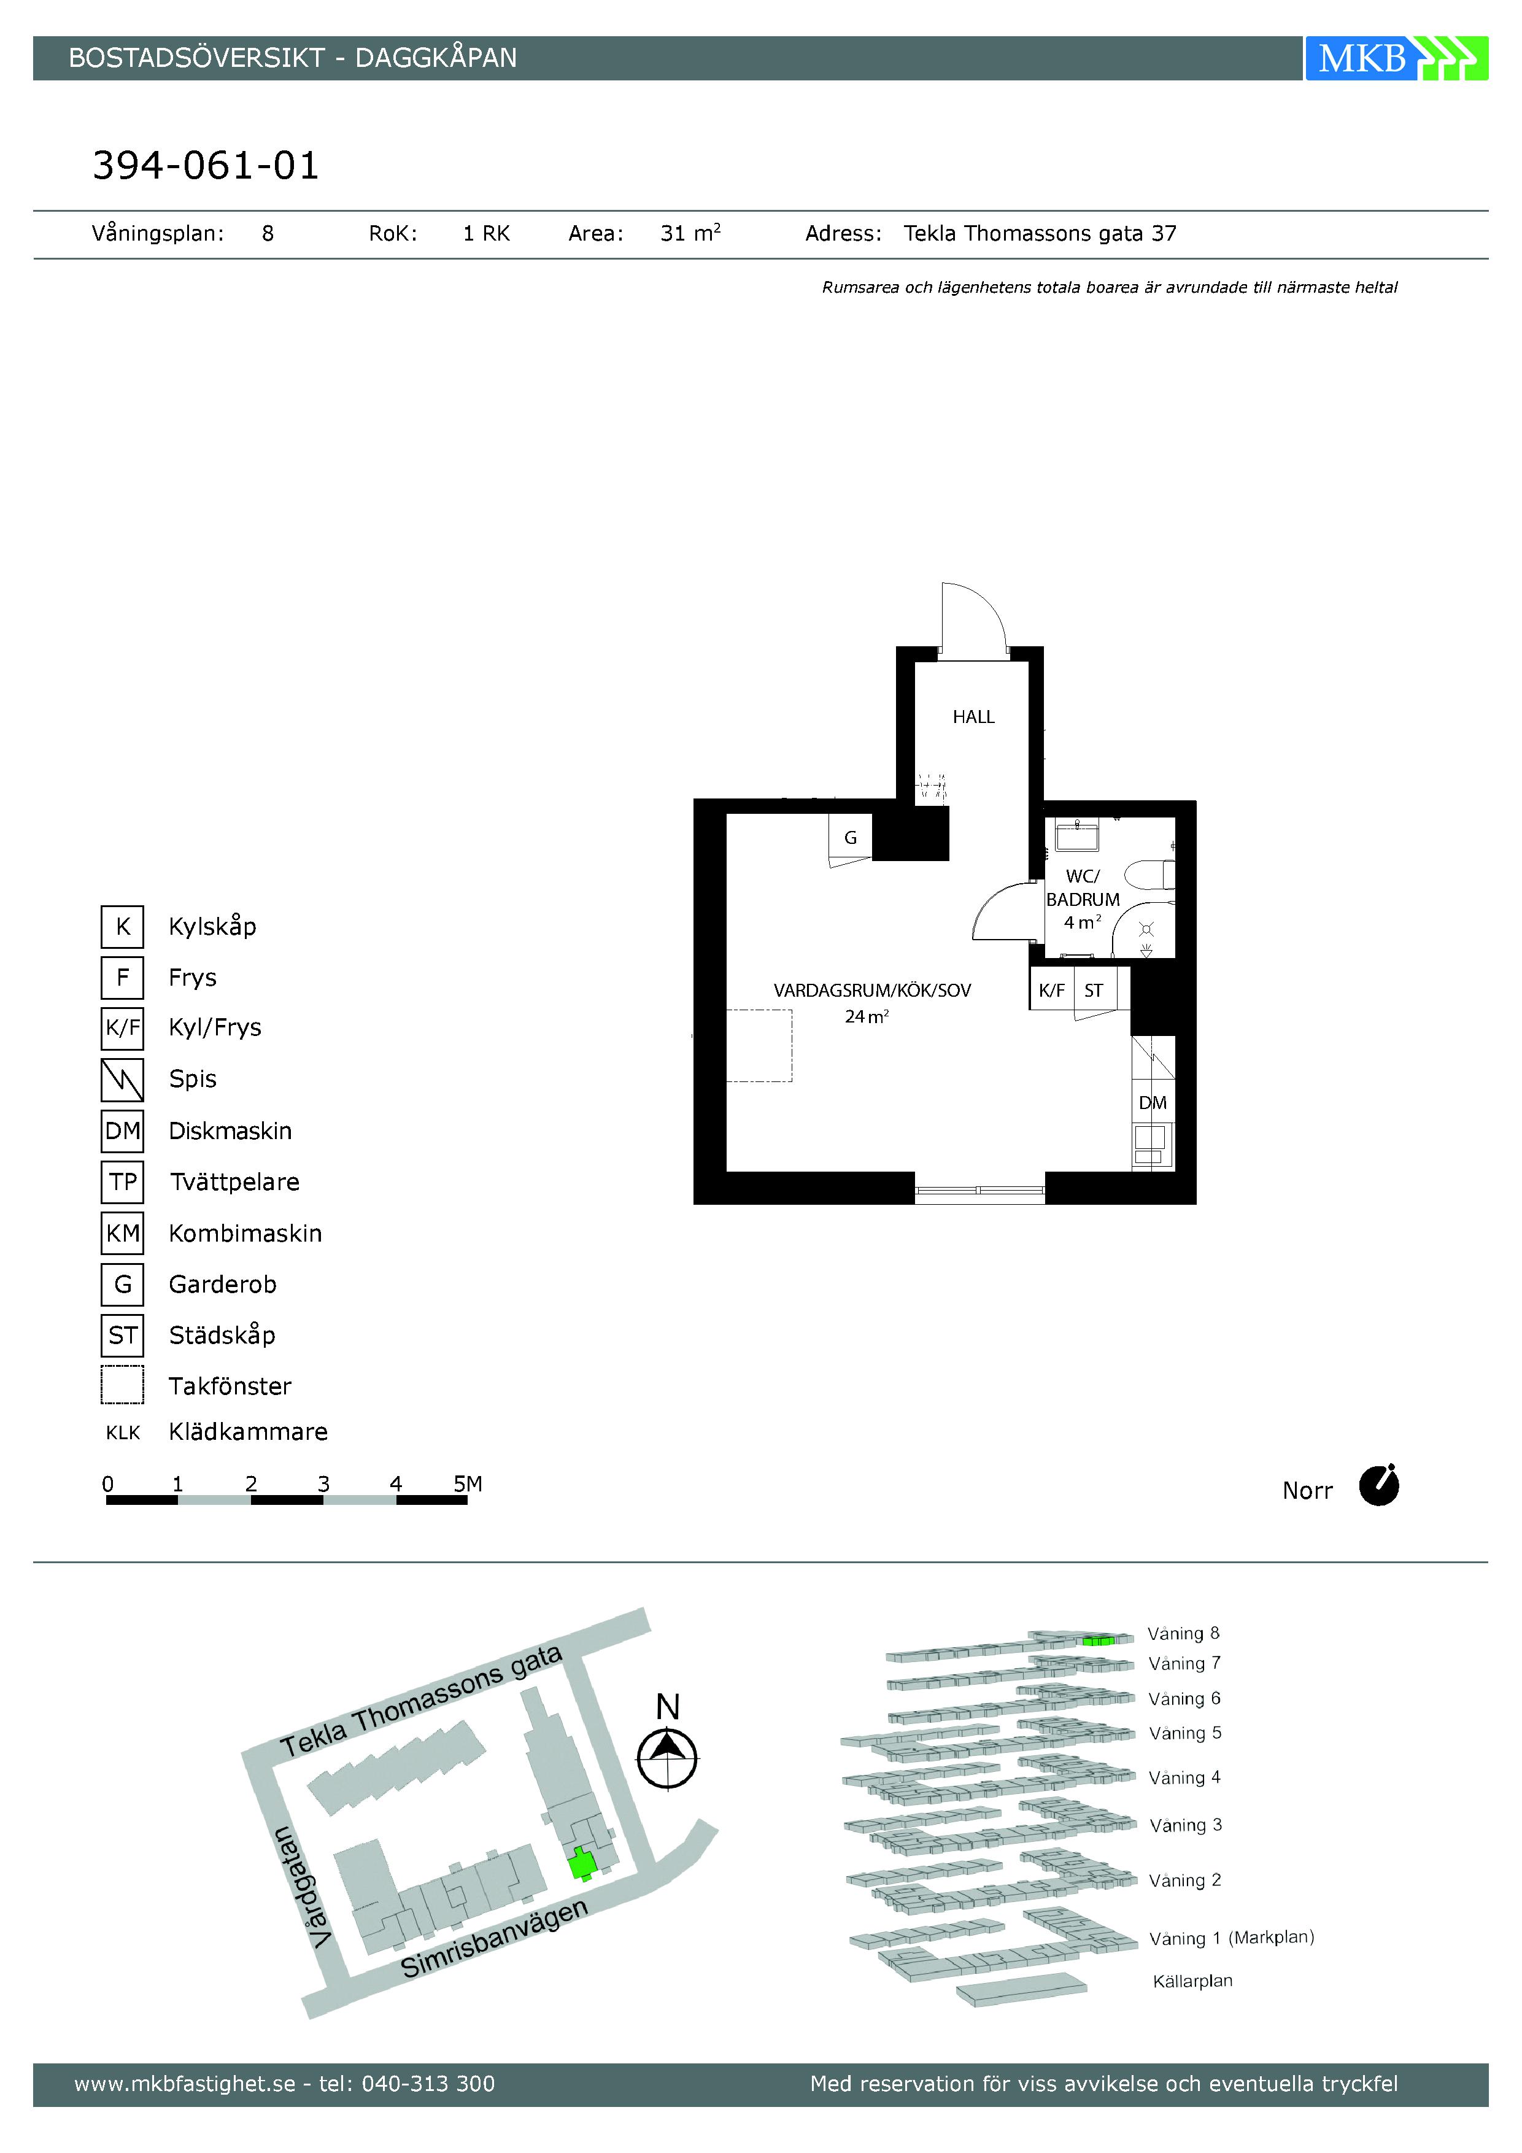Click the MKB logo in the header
[x=1396, y=58]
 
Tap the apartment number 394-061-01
[x=206, y=166]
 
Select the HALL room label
[x=973, y=716]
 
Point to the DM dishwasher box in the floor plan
[x=1153, y=1103]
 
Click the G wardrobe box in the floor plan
[x=851, y=837]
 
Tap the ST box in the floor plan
[x=1094, y=990]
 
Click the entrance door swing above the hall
[x=975, y=618]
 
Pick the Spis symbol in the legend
[x=123, y=1080]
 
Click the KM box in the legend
[x=123, y=1233]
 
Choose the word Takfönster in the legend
[x=230, y=1386]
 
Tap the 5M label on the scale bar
[x=468, y=1483]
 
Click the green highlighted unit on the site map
[x=582, y=1863]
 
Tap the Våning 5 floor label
[x=1185, y=1733]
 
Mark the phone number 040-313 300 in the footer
[x=428, y=2084]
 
